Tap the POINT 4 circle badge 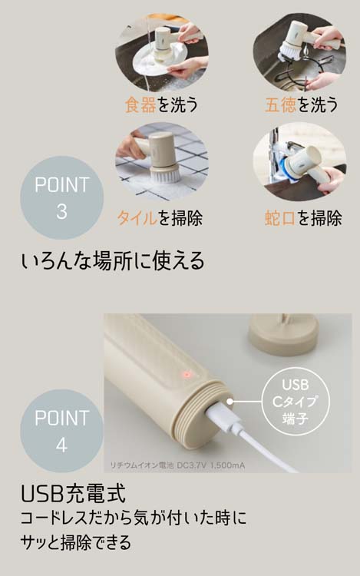(61, 431)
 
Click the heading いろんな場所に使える (113, 261)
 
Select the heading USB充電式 (74, 492)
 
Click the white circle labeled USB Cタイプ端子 (299, 402)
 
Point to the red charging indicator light (185, 375)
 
